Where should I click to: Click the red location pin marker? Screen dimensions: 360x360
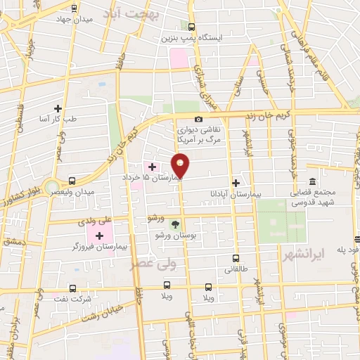181,165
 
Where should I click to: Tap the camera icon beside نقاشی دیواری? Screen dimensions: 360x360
199,120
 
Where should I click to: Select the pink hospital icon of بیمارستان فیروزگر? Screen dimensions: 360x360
98,234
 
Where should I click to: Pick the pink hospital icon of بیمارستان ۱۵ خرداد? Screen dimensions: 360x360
152,167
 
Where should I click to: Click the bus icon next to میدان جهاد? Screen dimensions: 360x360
75,8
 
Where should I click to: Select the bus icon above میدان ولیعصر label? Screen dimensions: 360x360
73,181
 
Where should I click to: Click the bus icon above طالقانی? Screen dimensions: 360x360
236,257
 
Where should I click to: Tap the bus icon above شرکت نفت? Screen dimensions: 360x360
73,288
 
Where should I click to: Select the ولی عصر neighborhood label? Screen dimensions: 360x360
154,264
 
